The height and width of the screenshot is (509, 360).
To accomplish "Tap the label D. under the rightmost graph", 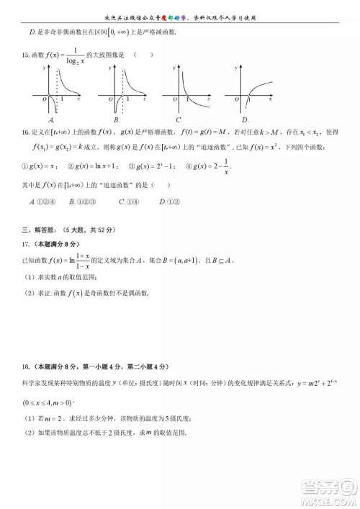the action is coord(245,120).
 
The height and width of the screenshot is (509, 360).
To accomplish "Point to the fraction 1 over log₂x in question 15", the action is coord(71,56).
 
